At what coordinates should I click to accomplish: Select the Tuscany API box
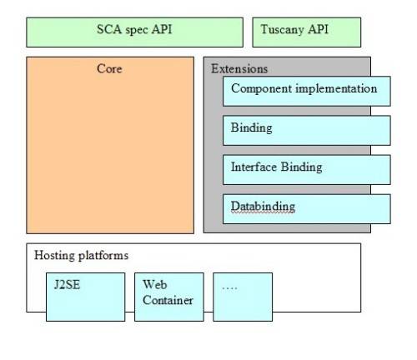(306, 32)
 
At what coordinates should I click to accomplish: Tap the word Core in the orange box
(110, 69)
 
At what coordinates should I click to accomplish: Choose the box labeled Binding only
(306, 130)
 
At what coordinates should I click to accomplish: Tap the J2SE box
(85, 296)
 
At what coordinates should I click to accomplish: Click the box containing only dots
(242, 296)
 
